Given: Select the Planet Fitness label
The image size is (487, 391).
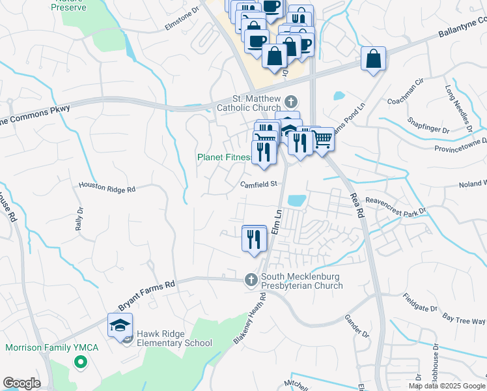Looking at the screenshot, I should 225,157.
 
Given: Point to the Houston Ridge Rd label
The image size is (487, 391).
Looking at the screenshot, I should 107,188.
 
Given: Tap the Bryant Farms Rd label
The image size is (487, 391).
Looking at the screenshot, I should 147,296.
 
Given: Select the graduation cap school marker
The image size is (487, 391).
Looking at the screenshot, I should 120,325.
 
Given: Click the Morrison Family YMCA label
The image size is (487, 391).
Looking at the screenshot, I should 52,347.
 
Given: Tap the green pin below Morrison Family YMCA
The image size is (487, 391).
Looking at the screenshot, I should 81,362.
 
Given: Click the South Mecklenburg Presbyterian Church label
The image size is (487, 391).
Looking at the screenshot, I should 301,281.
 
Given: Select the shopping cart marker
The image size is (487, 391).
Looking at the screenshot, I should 322,139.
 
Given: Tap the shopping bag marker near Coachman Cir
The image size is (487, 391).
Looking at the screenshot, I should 374,60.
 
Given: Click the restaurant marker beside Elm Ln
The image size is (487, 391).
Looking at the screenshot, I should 254,239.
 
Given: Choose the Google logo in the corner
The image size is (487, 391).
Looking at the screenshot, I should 22,383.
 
